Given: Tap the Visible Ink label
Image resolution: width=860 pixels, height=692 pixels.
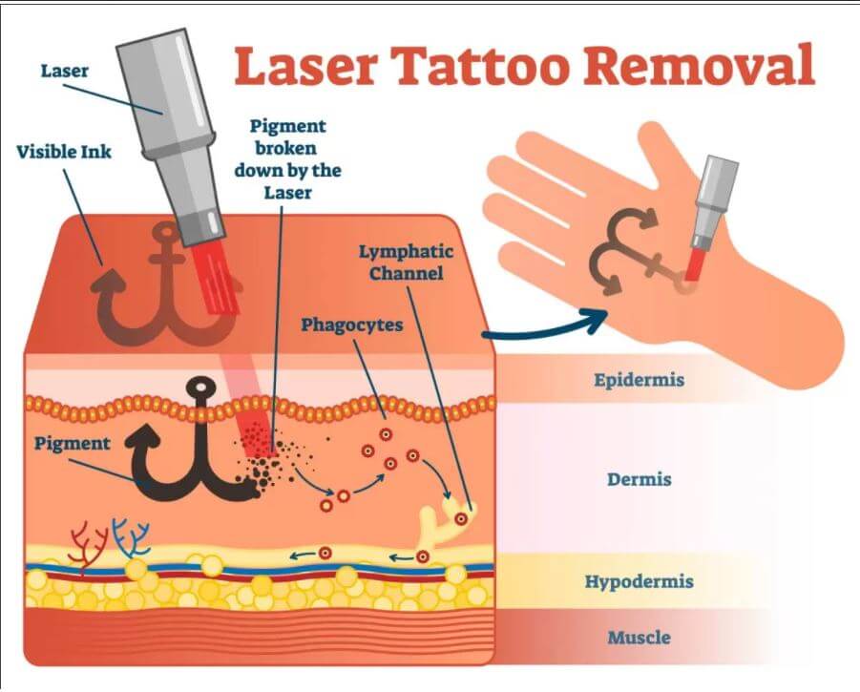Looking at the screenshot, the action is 64,152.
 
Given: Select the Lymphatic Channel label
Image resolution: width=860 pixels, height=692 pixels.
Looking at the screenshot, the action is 406,262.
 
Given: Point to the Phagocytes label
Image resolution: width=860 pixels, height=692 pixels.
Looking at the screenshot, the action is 351,325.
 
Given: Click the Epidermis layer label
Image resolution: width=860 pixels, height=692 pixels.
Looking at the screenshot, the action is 639,380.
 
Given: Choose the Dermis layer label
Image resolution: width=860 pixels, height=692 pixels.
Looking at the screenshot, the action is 639,479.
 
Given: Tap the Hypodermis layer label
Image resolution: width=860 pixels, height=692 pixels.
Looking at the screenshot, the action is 639,580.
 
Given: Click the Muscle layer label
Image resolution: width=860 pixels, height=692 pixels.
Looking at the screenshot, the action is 639,638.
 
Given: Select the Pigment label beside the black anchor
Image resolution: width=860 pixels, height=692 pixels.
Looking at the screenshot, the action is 72,443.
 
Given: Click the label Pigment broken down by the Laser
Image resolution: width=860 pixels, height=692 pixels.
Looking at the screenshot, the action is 287,159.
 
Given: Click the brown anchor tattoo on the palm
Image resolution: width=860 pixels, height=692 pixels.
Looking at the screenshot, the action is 631,253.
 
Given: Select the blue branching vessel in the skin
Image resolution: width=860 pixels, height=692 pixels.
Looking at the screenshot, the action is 131,537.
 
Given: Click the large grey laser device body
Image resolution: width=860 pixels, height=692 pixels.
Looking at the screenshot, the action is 171,137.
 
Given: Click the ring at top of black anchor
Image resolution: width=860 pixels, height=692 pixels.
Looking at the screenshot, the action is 201,388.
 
